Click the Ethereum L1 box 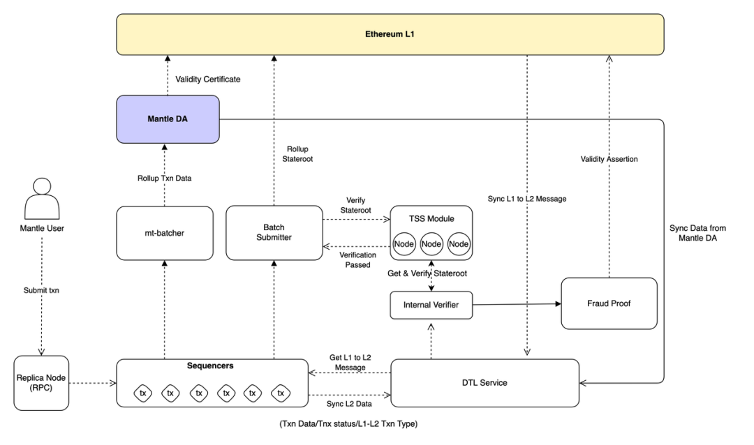[390, 33]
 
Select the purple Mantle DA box [168, 119]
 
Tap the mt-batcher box [165, 234]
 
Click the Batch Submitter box [274, 232]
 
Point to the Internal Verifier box [431, 304]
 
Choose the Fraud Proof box [609, 303]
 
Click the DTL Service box [485, 383]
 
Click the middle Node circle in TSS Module [431, 244]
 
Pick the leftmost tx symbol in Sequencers [143, 394]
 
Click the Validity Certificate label [208, 80]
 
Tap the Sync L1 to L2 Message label [527, 199]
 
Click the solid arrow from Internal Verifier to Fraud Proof [517, 304]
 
